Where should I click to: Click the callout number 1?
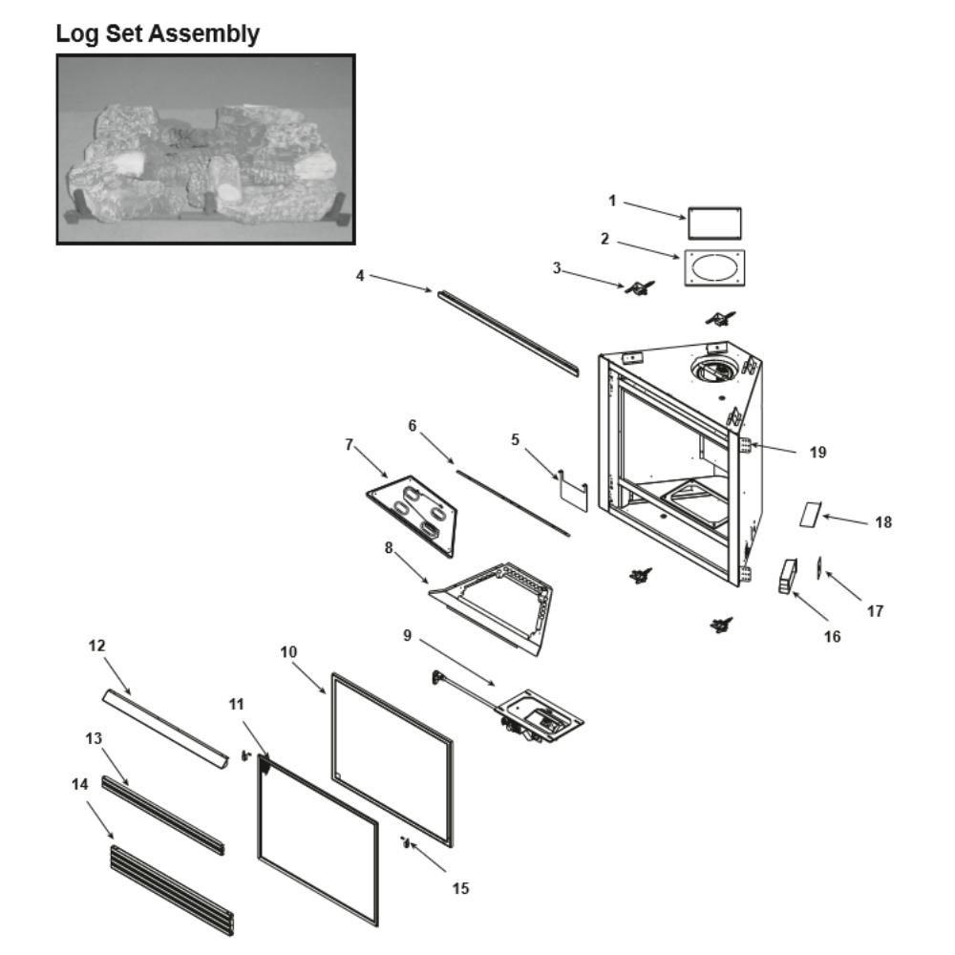coord(612,201)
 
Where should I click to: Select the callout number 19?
coord(817,453)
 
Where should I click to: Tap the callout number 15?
coord(460,888)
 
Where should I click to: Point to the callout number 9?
coord(408,634)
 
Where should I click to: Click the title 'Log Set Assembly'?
coord(158,34)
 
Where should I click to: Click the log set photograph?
coord(205,149)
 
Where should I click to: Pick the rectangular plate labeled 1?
coord(714,223)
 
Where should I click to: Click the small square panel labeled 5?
coord(571,490)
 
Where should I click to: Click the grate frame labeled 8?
coord(497,605)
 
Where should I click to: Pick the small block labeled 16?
coord(787,577)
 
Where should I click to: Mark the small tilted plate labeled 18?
coord(810,515)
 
